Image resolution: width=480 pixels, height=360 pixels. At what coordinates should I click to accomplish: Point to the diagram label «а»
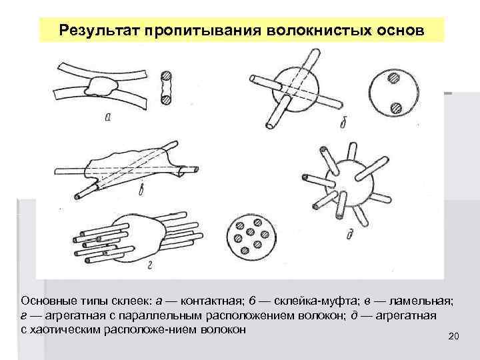[x=108, y=118]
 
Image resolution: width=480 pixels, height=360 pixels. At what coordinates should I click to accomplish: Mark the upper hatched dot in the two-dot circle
[x=395, y=78]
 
